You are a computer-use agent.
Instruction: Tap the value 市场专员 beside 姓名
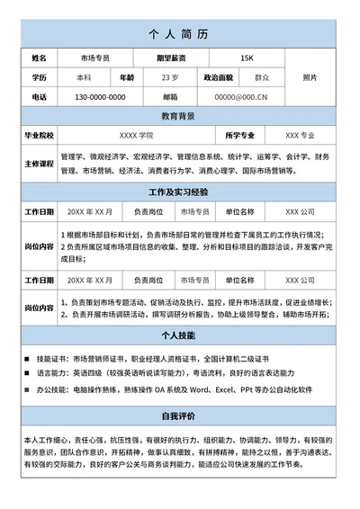point(94,58)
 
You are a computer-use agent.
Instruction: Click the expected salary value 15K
point(247,58)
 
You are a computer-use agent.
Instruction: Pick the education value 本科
point(84,77)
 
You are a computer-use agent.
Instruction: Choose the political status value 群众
point(262,77)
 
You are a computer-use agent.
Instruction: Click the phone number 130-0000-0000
point(99,97)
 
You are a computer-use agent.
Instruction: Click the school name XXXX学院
point(136,135)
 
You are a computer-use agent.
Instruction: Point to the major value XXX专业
point(300,135)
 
